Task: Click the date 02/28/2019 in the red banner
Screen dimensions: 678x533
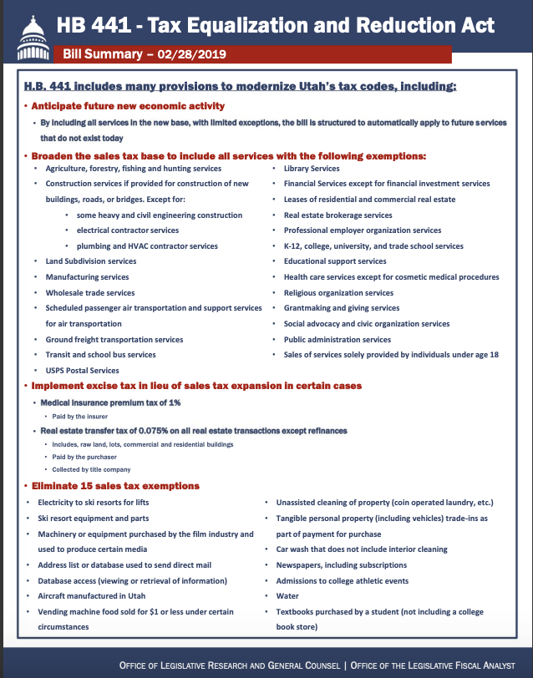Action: (197, 56)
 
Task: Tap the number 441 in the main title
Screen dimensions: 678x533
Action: (114, 25)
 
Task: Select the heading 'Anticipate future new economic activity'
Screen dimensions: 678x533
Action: (128, 106)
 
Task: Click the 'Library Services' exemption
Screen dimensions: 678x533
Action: (311, 169)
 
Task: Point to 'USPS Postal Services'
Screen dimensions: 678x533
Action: (82, 370)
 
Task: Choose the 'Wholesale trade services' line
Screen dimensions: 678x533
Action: (89, 292)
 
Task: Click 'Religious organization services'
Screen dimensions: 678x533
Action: (338, 292)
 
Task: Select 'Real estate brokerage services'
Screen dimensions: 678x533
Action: (338, 215)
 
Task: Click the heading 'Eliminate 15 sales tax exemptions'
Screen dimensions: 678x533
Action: (115, 486)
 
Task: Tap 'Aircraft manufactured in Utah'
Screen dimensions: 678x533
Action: (91, 596)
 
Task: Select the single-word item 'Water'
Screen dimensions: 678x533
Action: (287, 596)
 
